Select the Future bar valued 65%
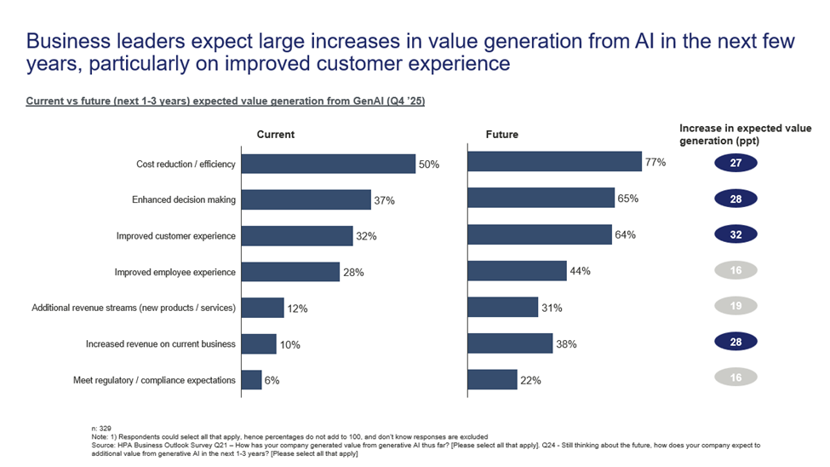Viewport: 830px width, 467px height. [541, 199]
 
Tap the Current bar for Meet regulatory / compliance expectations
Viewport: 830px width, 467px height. [251, 380]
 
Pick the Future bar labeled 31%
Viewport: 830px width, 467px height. [503, 307]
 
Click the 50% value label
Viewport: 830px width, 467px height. [429, 164]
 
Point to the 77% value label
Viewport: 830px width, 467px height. [655, 162]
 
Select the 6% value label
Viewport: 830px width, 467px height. [272, 381]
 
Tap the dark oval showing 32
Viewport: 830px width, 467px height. [736, 234]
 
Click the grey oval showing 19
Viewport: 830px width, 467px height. [736, 306]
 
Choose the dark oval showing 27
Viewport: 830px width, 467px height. [736, 163]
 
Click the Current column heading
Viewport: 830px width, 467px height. [276, 135]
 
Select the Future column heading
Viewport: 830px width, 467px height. [501, 135]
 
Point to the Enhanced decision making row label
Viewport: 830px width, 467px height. [184, 200]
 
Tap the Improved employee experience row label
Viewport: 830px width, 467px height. [175, 273]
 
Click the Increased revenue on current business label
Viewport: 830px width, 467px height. [161, 344]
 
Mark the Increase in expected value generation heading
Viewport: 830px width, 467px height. [745, 134]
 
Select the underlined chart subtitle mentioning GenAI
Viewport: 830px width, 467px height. [225, 101]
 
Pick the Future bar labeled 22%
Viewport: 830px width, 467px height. [492, 379]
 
